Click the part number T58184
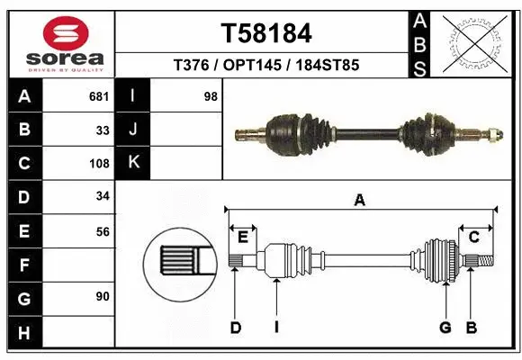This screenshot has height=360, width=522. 265,33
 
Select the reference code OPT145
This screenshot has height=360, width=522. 265,66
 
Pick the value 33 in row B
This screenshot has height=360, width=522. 103,130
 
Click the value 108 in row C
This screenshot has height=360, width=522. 100,164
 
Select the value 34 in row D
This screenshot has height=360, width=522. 103,196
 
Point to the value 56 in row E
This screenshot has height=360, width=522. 103,231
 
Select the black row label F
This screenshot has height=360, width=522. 23,264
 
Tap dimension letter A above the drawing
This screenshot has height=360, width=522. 360,201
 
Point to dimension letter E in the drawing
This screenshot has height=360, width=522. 243,237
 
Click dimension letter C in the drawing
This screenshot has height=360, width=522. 472,237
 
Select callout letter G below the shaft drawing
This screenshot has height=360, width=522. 445,328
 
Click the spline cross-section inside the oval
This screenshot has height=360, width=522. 181,263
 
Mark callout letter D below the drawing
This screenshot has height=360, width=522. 235,328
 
